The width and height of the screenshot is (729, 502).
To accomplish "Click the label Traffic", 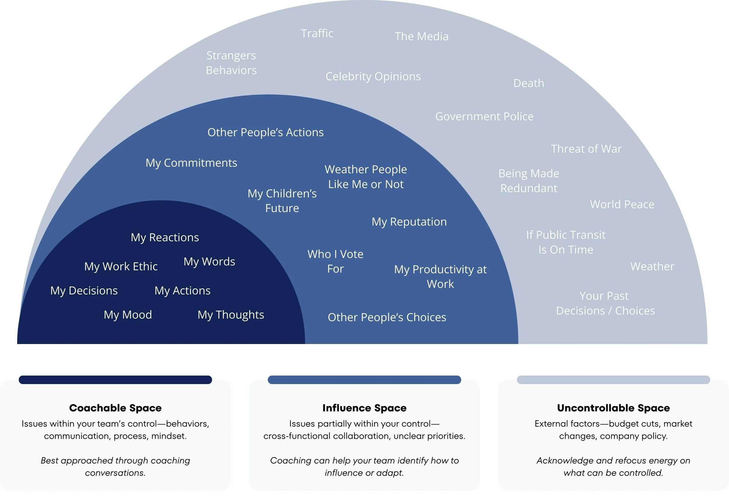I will click(x=317, y=33).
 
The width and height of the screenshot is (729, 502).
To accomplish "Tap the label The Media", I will click(x=421, y=36).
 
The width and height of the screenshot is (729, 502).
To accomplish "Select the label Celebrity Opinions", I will click(x=373, y=76).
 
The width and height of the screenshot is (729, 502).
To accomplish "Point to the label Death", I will click(x=528, y=83).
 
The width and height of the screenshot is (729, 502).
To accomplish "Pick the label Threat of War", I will click(x=586, y=149).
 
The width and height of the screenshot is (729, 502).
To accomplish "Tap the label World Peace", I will click(x=622, y=205).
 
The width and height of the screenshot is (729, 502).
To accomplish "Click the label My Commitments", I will click(x=191, y=163).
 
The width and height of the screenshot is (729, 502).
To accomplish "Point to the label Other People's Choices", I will click(x=387, y=317).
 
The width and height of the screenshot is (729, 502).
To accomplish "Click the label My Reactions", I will click(x=165, y=237).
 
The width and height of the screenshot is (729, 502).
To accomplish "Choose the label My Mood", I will click(x=128, y=315).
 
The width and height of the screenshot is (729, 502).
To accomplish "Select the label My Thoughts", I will click(x=231, y=315).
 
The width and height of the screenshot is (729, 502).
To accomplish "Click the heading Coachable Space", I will click(x=115, y=408).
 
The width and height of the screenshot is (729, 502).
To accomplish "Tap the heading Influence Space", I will click(x=364, y=408).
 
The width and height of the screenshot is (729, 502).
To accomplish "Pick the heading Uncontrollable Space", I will click(x=613, y=408).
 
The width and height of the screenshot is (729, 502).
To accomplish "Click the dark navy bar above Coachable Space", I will click(x=115, y=380).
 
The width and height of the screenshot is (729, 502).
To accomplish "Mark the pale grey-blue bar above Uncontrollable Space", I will click(x=613, y=380).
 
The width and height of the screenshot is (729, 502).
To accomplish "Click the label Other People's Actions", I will click(x=265, y=133).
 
